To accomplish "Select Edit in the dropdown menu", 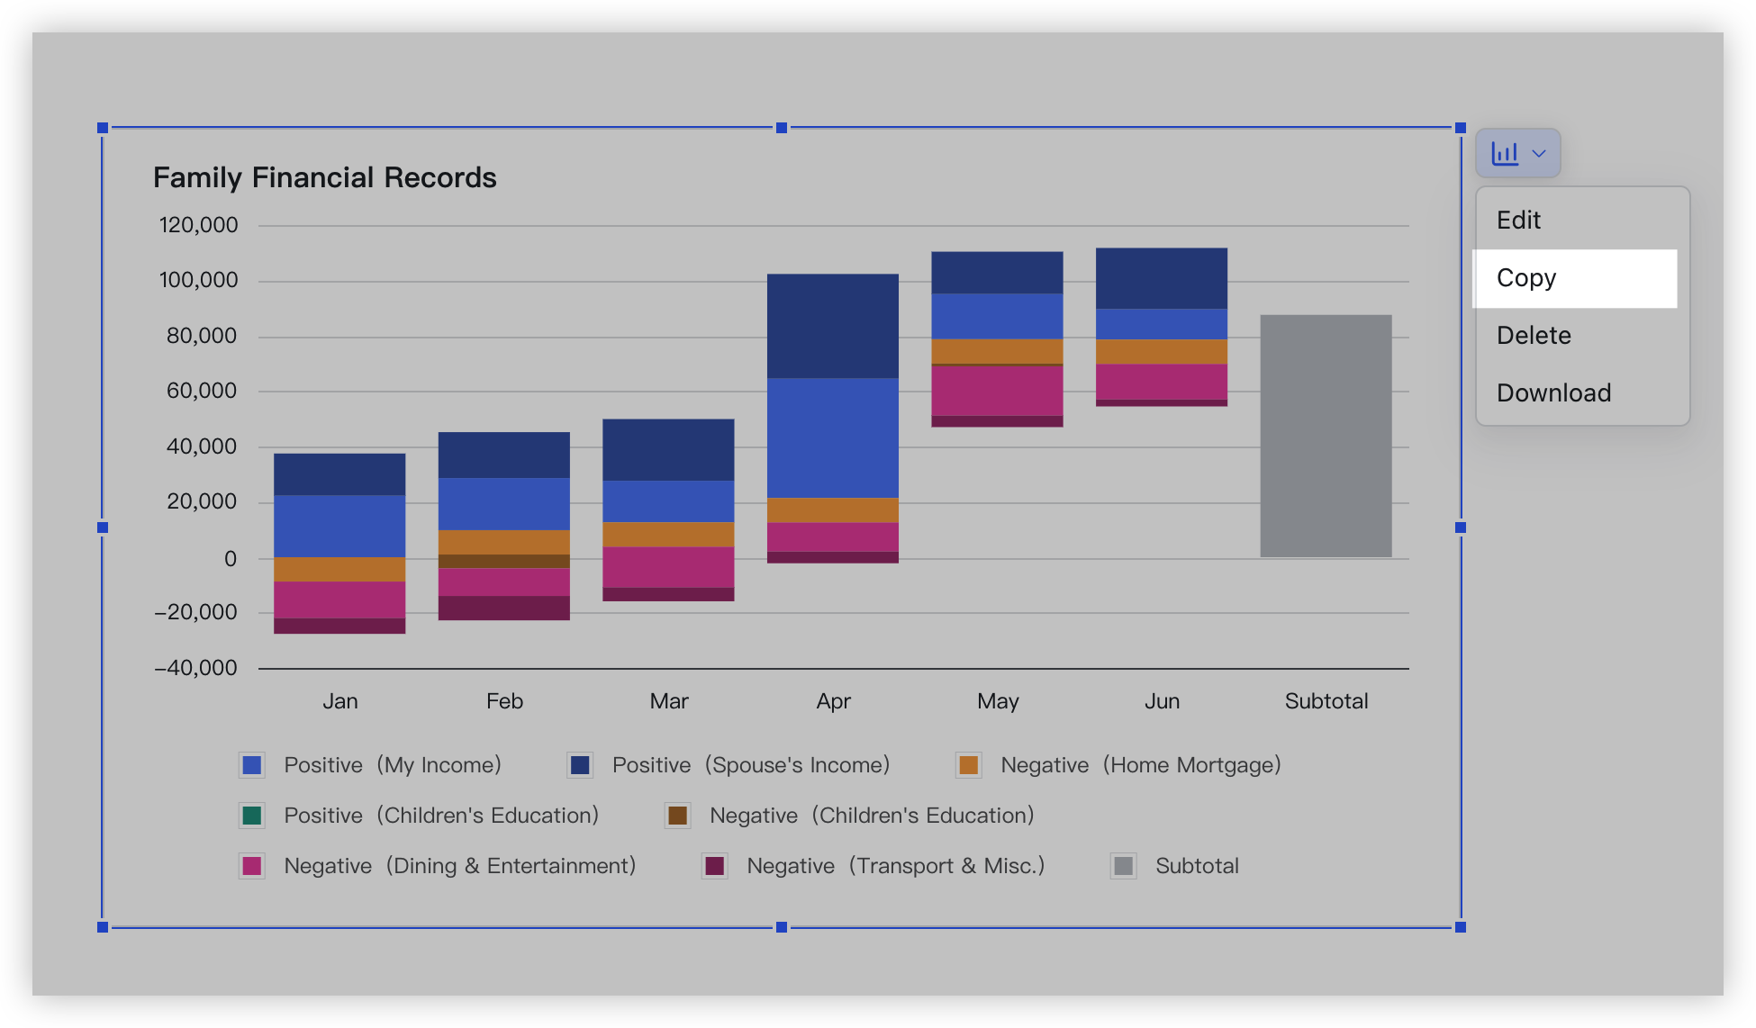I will point(1519,221).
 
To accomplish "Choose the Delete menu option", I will point(1534,336).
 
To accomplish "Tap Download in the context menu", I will point(1553,393).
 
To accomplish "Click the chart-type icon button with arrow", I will point(1517,153).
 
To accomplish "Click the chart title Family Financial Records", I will point(324,178).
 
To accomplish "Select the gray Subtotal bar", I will point(1326,436).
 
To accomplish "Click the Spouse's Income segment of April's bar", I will point(832,326).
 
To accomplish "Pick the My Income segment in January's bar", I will point(339,526).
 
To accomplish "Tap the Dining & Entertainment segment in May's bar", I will point(997,391).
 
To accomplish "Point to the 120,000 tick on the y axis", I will point(199,225).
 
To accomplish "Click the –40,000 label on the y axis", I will point(196,668).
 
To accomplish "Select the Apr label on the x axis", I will point(833,701).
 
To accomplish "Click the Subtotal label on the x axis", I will point(1326,701).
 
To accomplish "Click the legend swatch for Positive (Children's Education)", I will point(252,816).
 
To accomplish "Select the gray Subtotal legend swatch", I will point(1123,866).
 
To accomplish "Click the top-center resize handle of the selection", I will point(782,128).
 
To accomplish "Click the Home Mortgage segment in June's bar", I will point(1161,352).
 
